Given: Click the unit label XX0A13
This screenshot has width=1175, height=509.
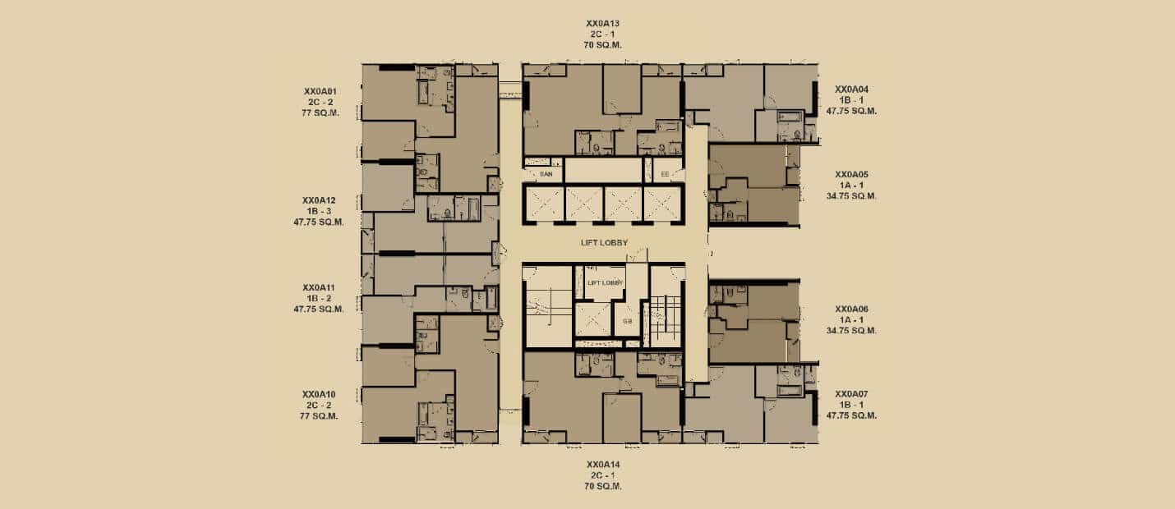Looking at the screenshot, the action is [603, 24].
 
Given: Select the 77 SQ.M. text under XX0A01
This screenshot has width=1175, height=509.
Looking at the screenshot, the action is [320, 112].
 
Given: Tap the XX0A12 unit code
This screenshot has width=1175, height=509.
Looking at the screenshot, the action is [319, 200].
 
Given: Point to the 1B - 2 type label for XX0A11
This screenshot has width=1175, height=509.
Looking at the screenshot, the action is [319, 298].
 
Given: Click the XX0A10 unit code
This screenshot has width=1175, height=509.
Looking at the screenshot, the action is [319, 394].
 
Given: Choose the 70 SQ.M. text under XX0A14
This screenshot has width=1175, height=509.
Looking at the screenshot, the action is [603, 486].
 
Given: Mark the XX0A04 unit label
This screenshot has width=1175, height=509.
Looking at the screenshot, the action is [851, 89].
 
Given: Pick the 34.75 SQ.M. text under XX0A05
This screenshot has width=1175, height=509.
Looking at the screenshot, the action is [851, 196].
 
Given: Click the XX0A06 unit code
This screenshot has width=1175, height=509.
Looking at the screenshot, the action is [851, 309].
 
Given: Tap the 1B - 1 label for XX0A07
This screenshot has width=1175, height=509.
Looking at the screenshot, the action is [851, 405].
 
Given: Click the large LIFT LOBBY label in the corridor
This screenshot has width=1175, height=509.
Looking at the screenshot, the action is [604, 243].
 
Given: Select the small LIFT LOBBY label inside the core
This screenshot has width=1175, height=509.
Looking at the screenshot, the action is [606, 282].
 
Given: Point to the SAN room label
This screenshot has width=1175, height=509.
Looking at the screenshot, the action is [546, 174].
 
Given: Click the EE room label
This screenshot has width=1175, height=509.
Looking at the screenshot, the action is [665, 174].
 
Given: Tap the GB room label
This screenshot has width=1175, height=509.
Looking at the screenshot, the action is [628, 321].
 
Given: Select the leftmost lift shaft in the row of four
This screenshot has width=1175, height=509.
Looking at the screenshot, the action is [544, 204].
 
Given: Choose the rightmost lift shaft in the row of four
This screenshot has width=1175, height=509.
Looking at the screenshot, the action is [662, 204].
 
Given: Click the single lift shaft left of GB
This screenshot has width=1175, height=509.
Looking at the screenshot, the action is [593, 319].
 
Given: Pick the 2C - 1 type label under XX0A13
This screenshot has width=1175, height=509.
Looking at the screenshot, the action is [603, 34].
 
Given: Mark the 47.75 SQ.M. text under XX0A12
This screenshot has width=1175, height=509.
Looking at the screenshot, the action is [319, 222].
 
